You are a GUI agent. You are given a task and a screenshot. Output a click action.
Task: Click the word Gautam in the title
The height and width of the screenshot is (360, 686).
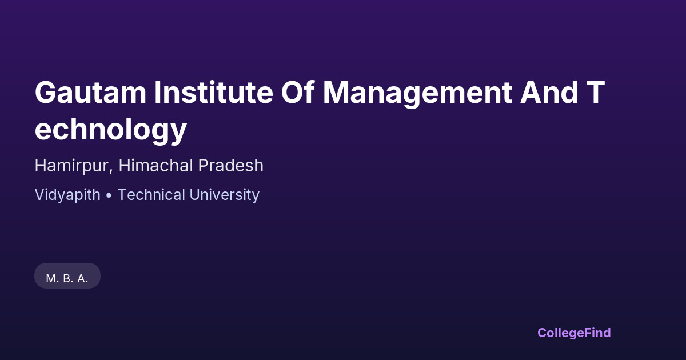[91, 93]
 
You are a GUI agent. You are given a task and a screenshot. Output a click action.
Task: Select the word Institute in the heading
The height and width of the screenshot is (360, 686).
[213, 93]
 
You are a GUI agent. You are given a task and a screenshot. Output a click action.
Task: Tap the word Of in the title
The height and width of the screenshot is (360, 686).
[298, 93]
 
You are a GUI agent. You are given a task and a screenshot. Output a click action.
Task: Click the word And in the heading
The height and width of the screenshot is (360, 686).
[549, 93]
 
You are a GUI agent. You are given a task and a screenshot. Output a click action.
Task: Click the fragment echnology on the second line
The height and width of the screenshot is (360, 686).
[111, 131]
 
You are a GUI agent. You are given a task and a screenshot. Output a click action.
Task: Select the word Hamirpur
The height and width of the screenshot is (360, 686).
[74, 166]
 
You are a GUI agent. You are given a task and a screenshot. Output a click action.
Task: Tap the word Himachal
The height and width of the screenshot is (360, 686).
[156, 165]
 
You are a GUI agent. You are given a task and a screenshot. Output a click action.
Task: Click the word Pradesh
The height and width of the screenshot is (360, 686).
[231, 165]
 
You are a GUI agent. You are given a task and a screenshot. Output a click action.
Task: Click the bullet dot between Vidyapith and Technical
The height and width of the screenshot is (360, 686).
[109, 195]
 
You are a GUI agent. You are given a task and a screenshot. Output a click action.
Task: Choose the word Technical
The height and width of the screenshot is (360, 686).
[151, 195]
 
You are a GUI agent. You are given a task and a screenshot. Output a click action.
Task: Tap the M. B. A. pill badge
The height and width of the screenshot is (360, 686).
[67, 276]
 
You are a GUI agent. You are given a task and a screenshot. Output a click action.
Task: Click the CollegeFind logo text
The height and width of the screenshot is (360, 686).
[574, 333]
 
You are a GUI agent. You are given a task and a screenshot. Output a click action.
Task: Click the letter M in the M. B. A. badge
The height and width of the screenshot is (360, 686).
[51, 279]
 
